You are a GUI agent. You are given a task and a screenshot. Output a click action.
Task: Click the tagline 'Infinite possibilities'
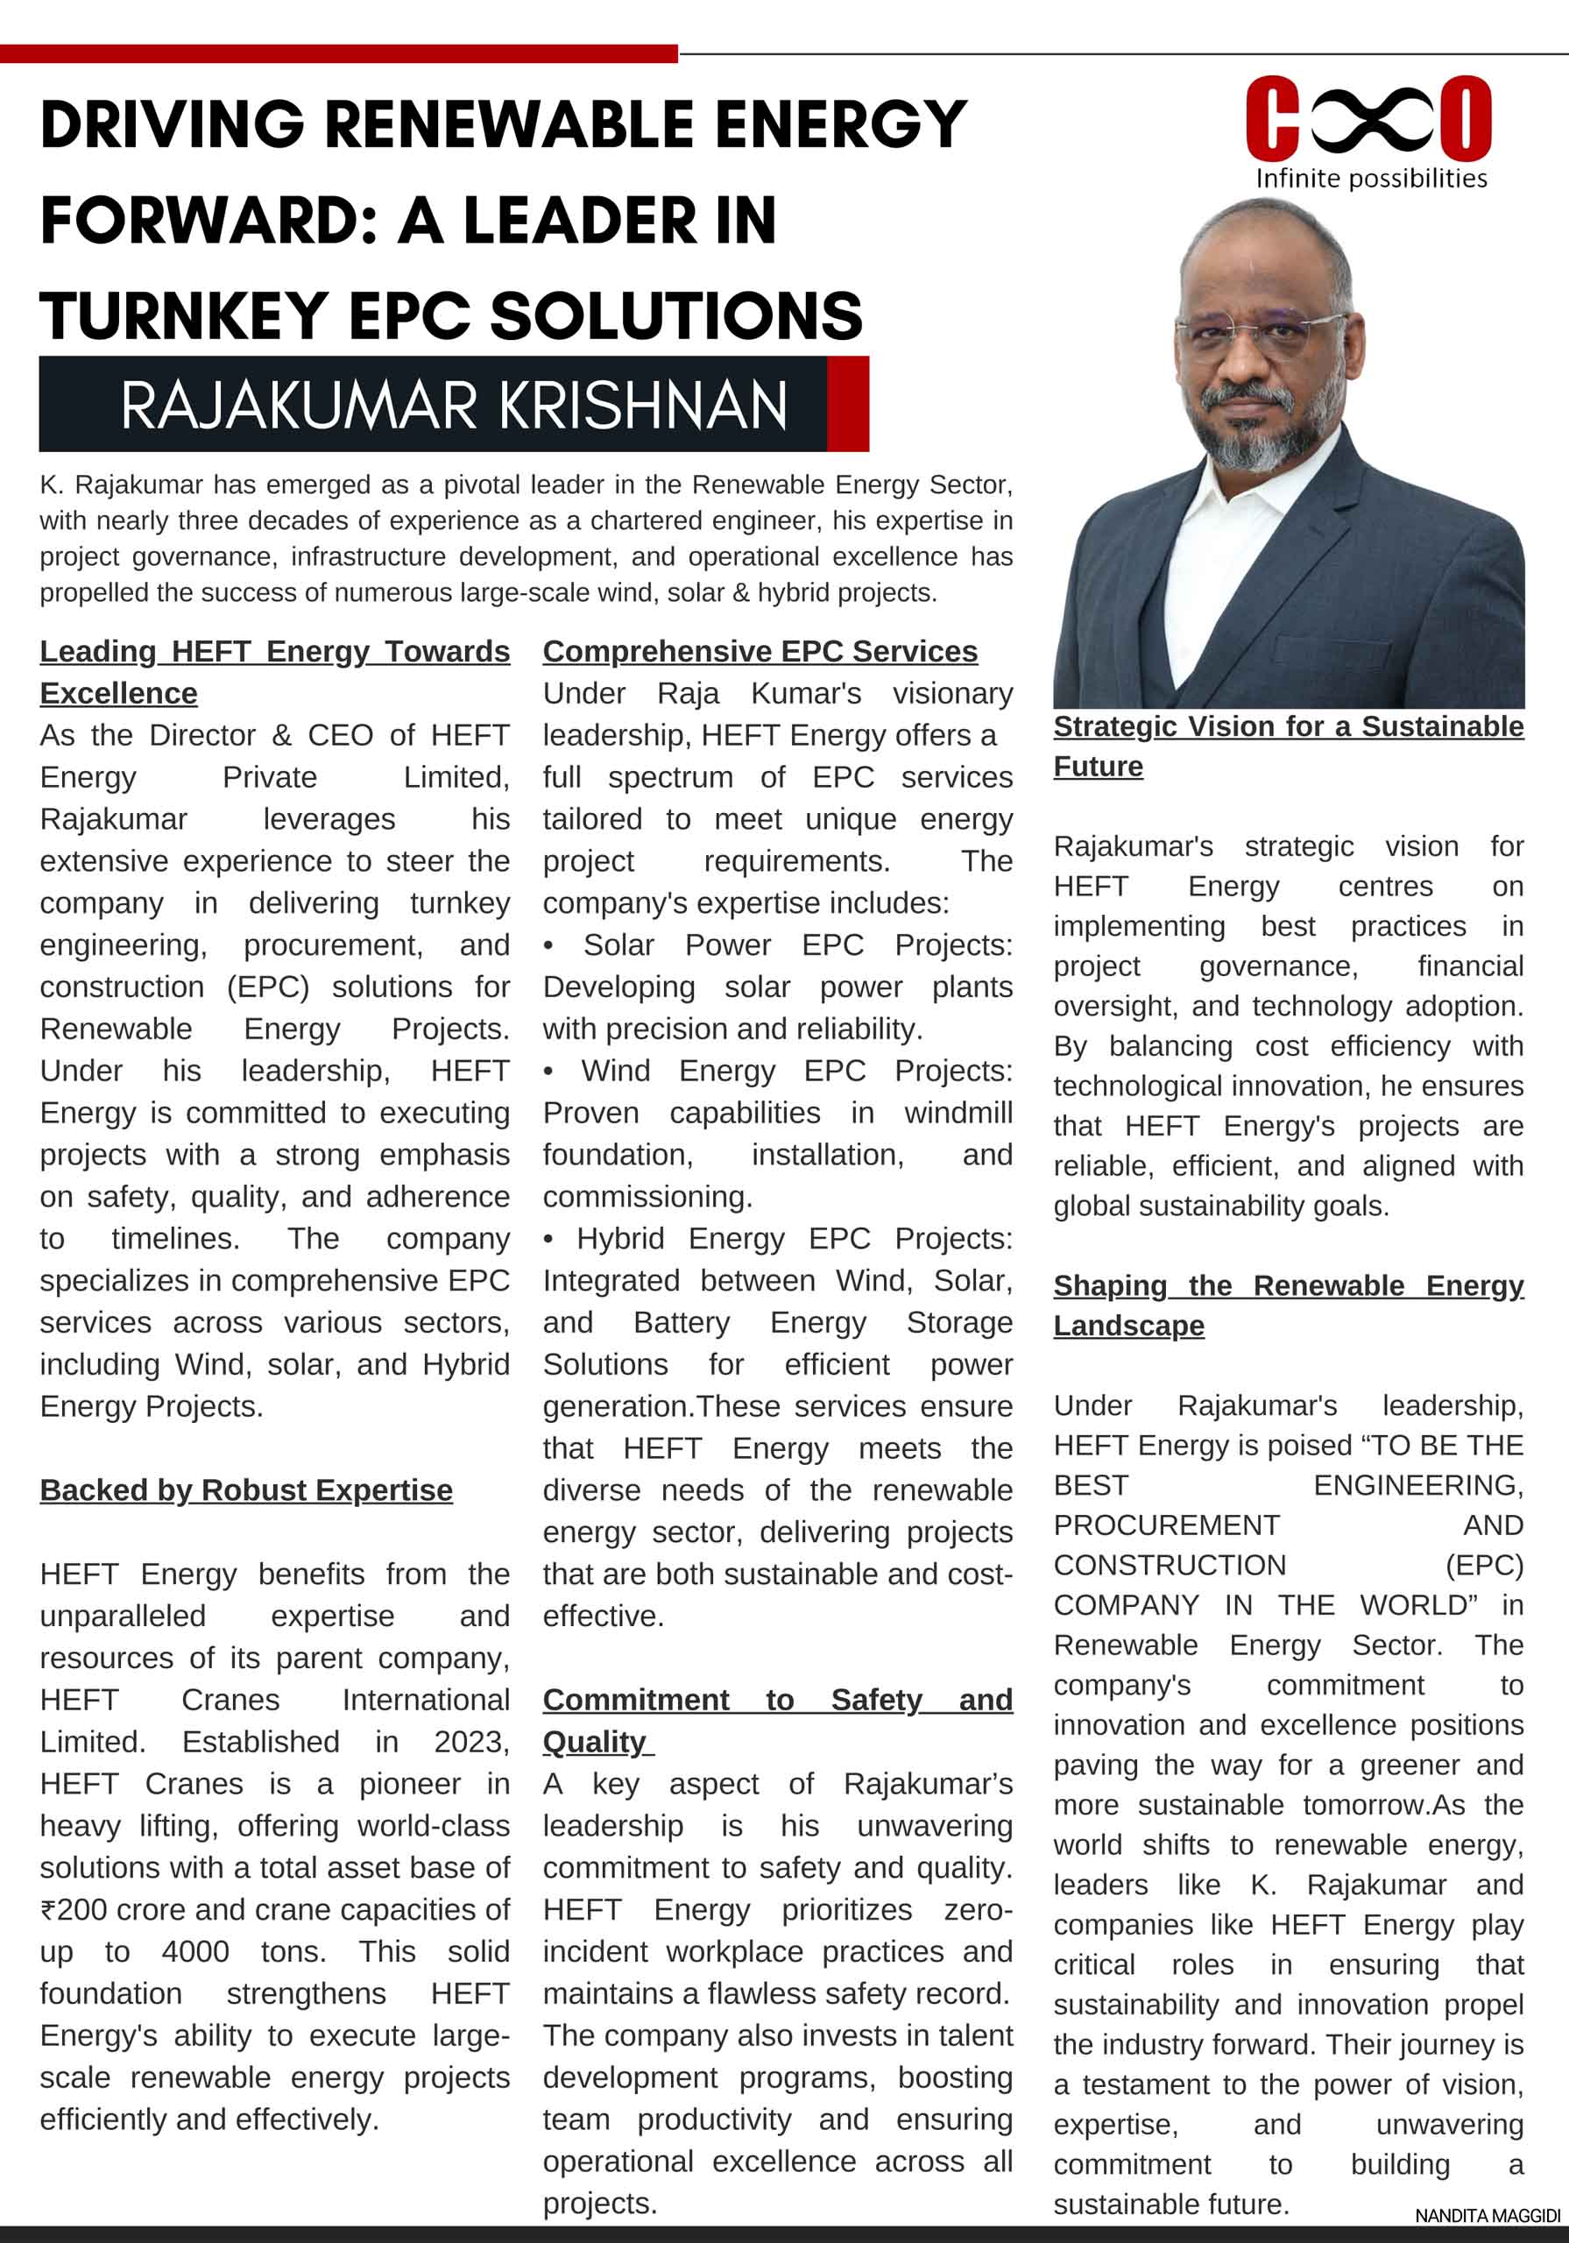pos(1371,178)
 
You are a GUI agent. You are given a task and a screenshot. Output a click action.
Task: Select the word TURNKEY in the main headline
pos(184,315)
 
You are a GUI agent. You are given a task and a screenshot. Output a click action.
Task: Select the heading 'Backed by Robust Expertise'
pos(246,1489)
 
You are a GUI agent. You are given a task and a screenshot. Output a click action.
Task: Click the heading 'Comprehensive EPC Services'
pos(760,651)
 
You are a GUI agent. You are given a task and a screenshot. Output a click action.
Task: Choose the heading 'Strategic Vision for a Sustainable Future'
pos(1288,746)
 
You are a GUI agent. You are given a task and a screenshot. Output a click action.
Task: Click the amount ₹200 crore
pos(109,1909)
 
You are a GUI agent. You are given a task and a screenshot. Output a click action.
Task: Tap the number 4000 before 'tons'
pos(195,1951)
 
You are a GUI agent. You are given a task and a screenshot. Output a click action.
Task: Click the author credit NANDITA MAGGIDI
pos(1487,2216)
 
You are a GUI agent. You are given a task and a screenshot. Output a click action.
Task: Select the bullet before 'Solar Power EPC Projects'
pos(549,945)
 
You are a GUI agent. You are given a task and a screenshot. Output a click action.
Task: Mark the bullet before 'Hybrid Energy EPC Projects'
pos(549,1239)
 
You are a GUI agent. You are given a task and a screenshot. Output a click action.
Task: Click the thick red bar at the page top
pos(338,53)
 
